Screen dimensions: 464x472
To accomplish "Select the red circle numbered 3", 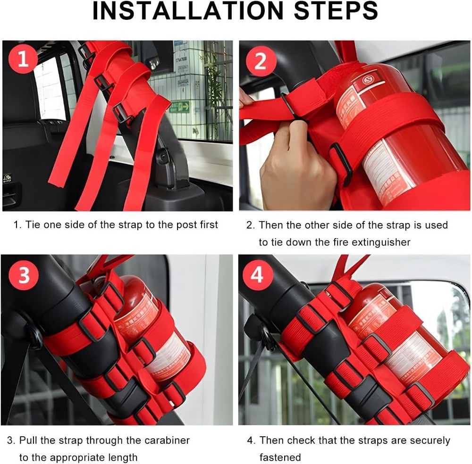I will click(24, 275).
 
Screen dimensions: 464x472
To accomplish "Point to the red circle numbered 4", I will click(257, 275).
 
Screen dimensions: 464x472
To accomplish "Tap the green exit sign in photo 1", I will click(180, 107).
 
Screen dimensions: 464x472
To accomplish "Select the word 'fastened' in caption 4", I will click(280, 457).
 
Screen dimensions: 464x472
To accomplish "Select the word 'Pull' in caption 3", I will click(28, 440).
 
